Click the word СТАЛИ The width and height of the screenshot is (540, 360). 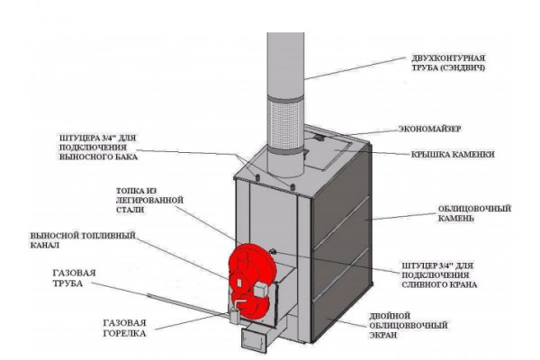tap(149, 214)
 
